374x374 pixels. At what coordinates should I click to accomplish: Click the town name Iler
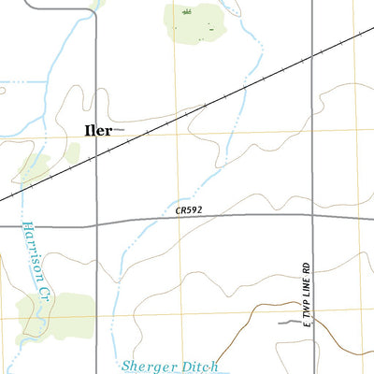(97, 131)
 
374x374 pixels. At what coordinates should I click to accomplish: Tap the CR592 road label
(189, 211)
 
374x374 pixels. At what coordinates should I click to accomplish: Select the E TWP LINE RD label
(305, 294)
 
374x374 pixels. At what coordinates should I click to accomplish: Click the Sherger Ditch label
(170, 366)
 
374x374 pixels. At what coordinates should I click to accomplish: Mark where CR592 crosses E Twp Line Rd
(310, 215)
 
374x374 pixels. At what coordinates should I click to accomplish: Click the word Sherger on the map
(150, 366)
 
